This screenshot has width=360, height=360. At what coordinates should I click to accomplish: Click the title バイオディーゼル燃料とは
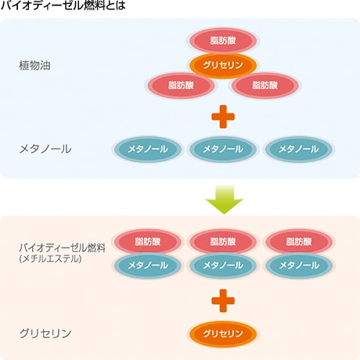63,5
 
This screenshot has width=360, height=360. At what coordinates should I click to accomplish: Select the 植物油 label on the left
34,65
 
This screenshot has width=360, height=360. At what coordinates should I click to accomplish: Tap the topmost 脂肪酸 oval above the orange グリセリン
223,41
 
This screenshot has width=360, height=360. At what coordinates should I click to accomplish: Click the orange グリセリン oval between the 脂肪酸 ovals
223,65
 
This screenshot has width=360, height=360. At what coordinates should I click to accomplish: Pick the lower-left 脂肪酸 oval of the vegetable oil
181,85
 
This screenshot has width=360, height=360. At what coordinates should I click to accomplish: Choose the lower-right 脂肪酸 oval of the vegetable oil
265,85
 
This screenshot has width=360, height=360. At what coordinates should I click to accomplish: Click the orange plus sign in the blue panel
223,117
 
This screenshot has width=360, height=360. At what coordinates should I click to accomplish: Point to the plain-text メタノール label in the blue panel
45,149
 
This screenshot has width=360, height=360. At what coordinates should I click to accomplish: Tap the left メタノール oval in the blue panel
148,149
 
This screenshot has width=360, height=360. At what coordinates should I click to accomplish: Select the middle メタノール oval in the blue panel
223,149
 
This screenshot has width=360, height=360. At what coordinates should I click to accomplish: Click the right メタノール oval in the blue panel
299,149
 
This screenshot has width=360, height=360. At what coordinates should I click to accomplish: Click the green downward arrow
224,200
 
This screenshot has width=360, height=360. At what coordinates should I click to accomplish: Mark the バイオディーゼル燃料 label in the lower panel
63,247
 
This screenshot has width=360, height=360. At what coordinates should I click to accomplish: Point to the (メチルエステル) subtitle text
50,259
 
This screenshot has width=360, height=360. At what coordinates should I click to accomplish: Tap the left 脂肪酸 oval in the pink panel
148,242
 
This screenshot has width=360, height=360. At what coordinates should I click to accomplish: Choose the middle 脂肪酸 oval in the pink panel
223,242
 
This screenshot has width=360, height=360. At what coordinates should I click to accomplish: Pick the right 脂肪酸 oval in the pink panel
299,242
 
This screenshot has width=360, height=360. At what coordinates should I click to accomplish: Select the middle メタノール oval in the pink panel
223,265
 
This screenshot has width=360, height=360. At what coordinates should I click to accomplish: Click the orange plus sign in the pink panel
223,301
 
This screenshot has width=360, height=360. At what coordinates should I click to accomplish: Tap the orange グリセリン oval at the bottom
223,333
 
